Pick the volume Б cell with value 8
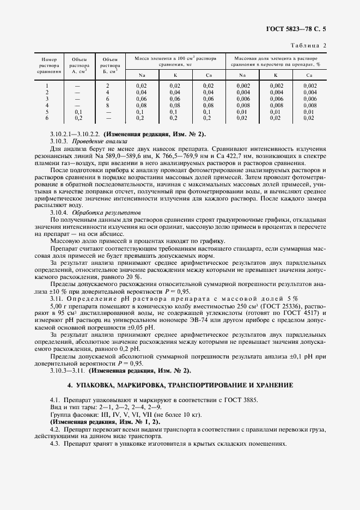tap(108, 105)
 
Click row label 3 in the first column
tap(47, 99)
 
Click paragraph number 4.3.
tap(56, 444)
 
